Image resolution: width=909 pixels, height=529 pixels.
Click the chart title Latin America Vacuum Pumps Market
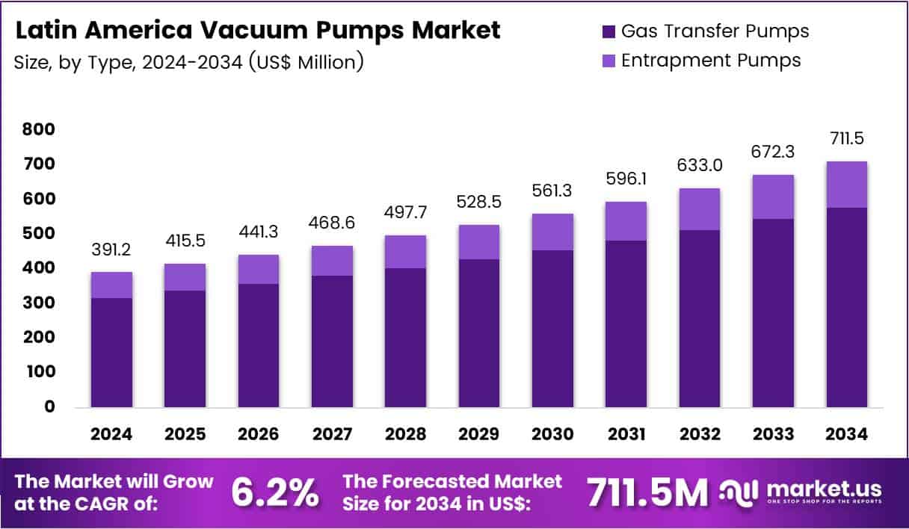257,31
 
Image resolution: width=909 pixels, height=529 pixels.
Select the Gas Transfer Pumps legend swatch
608,31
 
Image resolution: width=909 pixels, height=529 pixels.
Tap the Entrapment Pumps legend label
711,61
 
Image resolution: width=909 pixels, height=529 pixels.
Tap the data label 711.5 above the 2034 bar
847,139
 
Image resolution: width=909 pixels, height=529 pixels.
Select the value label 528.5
478,204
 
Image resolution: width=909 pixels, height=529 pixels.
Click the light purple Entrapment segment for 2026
259,269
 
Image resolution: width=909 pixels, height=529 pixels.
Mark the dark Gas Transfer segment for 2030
552,329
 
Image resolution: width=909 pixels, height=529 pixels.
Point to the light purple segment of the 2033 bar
773,197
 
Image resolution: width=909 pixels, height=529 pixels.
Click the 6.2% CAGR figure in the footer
274,492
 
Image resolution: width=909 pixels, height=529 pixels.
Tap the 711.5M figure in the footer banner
647,492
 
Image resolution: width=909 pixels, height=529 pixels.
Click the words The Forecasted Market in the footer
452,482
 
